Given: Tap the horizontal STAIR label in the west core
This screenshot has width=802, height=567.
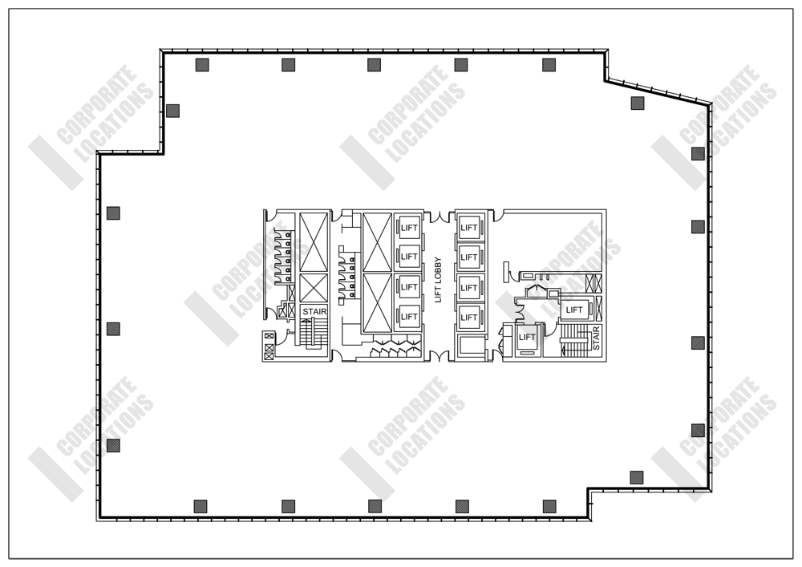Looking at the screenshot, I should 314,311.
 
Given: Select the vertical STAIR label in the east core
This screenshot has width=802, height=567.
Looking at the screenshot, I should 596,338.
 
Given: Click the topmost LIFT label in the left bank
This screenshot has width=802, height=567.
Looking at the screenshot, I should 408,227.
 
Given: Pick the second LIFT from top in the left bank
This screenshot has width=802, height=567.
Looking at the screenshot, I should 408,257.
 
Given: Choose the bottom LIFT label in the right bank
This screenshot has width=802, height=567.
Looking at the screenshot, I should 469,317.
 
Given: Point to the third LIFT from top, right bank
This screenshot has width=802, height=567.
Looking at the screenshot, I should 469,287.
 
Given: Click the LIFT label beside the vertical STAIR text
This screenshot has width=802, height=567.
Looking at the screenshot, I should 574,309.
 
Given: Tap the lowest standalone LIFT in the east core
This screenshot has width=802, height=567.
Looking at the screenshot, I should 526,338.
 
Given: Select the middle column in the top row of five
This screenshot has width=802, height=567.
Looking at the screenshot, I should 374,65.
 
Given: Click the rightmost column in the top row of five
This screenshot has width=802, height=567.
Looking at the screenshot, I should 549,65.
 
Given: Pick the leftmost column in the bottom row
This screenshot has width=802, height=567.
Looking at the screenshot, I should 200,505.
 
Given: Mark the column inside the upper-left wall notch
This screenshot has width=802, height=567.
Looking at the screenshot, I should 172,110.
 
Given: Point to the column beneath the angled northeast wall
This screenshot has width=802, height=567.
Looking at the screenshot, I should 638,102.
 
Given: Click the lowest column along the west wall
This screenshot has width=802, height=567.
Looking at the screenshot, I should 113,444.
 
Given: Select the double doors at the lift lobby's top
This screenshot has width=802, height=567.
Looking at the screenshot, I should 438,217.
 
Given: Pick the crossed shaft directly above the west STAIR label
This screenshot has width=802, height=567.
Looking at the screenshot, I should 314,287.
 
